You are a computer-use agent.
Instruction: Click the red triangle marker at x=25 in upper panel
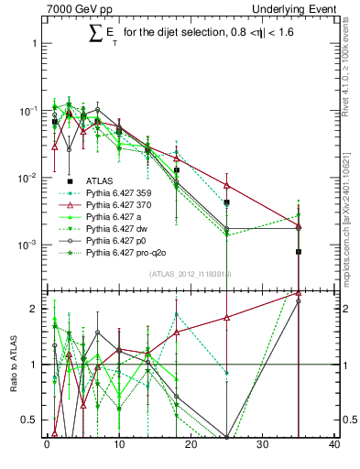point(226,185)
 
